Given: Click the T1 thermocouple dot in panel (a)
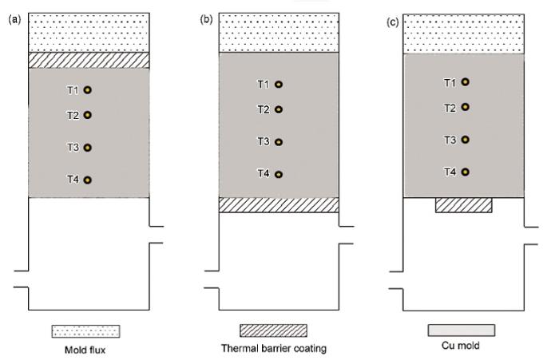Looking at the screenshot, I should point(88,90).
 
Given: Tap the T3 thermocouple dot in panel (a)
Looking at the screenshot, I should point(88,148).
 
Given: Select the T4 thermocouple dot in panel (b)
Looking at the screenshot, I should point(279,173).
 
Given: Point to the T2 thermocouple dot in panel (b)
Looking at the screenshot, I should point(279,109).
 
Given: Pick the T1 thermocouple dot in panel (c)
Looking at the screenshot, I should point(465,81).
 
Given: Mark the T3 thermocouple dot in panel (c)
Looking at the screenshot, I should point(465,140).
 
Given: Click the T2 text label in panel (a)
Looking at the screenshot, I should point(73,115).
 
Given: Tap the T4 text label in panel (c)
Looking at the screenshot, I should point(450,172).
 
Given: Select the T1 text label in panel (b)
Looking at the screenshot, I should point(264,84).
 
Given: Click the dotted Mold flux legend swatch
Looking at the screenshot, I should point(86,330).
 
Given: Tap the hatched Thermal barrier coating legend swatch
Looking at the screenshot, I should point(274,330).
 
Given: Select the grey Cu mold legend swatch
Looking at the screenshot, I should point(462,330).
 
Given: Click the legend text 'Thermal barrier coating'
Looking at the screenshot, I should point(274,348).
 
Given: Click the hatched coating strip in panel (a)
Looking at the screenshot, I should point(89,61).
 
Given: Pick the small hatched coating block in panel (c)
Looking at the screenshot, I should point(464,205).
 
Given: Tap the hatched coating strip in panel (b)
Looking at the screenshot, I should point(279,205).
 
